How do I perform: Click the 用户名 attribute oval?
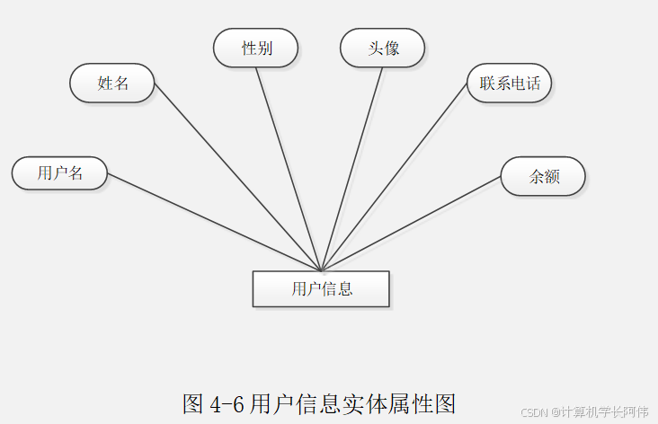[60, 173]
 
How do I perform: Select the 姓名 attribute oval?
[112, 84]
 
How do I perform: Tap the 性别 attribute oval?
[256, 49]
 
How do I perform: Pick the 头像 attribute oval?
[383, 49]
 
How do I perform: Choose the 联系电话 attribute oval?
[510, 84]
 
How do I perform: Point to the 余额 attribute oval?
[544, 176]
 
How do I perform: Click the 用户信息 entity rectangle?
[321, 288]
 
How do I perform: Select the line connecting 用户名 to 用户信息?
[214, 222]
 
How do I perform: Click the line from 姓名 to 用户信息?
[237, 176]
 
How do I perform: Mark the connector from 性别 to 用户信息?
[289, 169]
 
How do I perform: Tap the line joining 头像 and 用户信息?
[352, 169]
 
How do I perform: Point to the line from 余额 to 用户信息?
[411, 223]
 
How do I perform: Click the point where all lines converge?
[321, 270]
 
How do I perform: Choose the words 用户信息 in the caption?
[292, 402]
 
